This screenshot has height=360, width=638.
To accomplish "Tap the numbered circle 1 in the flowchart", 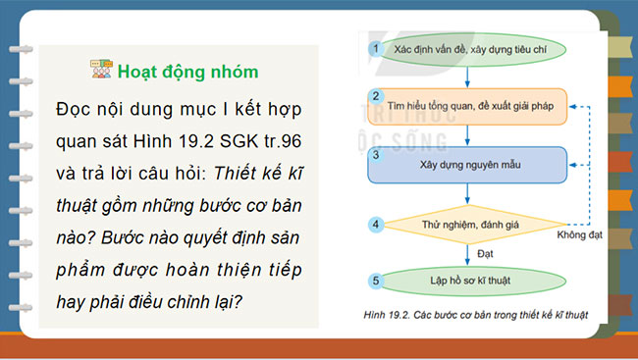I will tap(374, 47).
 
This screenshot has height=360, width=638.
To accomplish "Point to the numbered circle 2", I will tap(374, 95).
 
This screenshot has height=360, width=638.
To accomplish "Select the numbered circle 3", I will tap(374, 154).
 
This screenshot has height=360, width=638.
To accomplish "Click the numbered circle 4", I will tap(374, 225).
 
